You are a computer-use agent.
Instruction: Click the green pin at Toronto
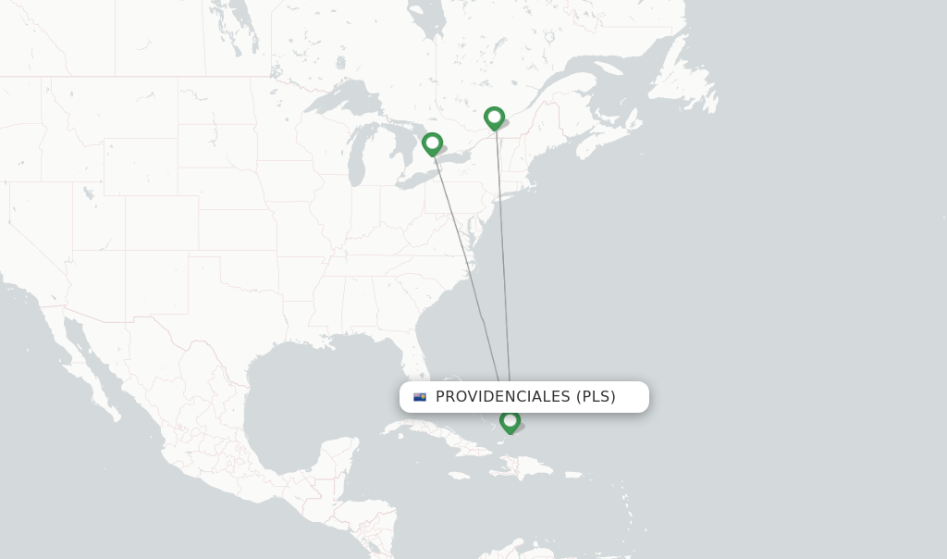pos(432,143)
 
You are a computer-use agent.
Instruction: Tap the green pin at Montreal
pos(495,118)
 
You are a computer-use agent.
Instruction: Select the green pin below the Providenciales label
pos(510,421)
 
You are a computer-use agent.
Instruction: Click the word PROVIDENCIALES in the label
pos(503,397)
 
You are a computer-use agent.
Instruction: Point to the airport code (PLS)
pos(596,397)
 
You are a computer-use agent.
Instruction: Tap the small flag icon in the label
pos(420,397)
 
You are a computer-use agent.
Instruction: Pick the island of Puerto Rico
pos(573,476)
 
